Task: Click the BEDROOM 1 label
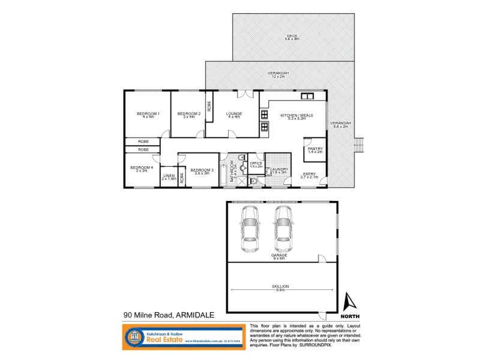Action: [148, 113]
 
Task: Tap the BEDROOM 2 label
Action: [189, 113]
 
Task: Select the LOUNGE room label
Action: [233, 113]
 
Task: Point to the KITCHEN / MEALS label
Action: [293, 115]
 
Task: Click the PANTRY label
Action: [315, 149]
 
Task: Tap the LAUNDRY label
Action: [280, 170]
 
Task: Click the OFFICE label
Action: [256, 164]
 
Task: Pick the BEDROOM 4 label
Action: [141, 167]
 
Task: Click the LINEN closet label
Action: [168, 176]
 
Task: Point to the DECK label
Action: [292, 36]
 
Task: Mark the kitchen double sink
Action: [307, 96]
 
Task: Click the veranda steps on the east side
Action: [359, 145]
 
